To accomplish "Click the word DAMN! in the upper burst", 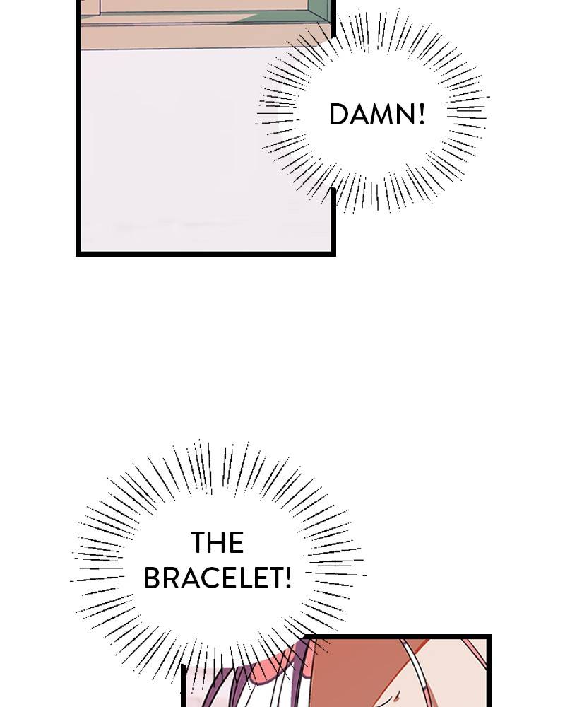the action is click(377, 114).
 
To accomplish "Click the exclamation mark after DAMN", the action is click(422, 114).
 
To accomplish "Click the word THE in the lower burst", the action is click(217, 542).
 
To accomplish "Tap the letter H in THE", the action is click(217, 542).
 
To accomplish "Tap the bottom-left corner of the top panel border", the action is click(78, 254).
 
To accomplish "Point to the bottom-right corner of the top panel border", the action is click(333, 254).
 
